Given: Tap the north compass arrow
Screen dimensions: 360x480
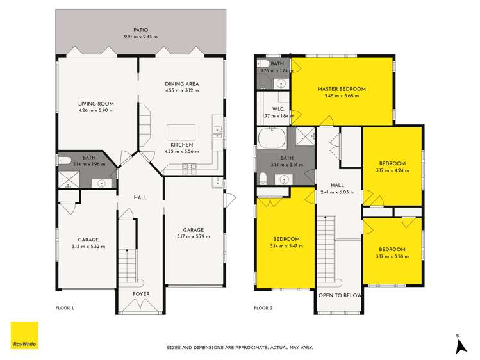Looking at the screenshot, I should [459, 345].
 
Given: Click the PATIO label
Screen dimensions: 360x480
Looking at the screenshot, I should [141, 30].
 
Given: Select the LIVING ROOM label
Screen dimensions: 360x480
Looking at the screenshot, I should [96, 104].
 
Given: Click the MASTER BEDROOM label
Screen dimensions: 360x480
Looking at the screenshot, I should [342, 89].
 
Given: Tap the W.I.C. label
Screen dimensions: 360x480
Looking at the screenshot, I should [277, 109].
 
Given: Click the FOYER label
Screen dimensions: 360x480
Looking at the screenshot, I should [141, 295].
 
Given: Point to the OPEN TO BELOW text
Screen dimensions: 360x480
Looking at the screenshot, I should [340, 295].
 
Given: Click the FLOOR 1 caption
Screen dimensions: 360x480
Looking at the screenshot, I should [65, 308].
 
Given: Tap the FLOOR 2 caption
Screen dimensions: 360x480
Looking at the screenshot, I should [263, 308].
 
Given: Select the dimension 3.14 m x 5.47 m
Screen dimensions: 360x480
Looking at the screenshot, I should [286, 246].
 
